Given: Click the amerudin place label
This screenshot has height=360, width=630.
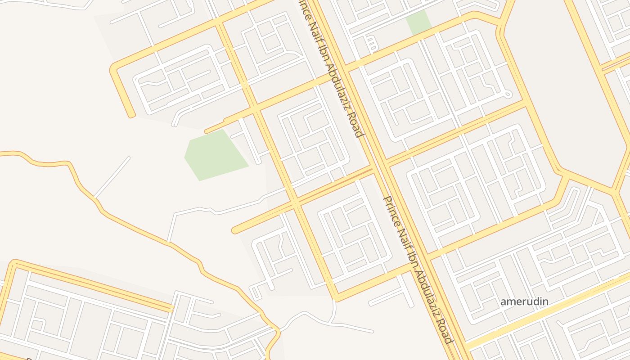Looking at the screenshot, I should (x=524, y=301).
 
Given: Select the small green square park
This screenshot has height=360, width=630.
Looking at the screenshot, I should (x=418, y=22).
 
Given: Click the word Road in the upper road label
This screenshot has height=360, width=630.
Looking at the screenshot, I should (x=354, y=122).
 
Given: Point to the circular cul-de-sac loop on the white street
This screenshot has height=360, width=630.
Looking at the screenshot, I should (x=508, y=94).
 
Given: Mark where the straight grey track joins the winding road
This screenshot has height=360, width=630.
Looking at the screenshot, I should (x=95, y=198).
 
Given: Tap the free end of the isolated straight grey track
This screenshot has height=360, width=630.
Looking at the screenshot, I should (x=129, y=158).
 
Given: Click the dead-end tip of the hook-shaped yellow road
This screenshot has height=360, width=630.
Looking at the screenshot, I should (x=132, y=116).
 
